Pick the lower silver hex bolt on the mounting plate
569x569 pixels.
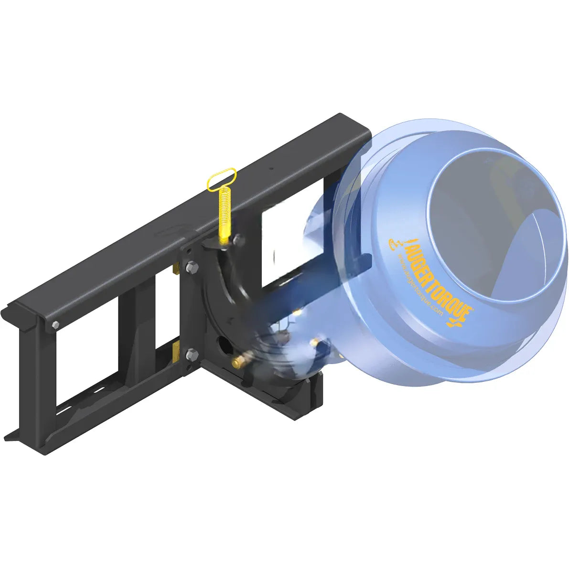(x=192, y=354)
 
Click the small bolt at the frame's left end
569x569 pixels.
(x=54, y=326)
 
